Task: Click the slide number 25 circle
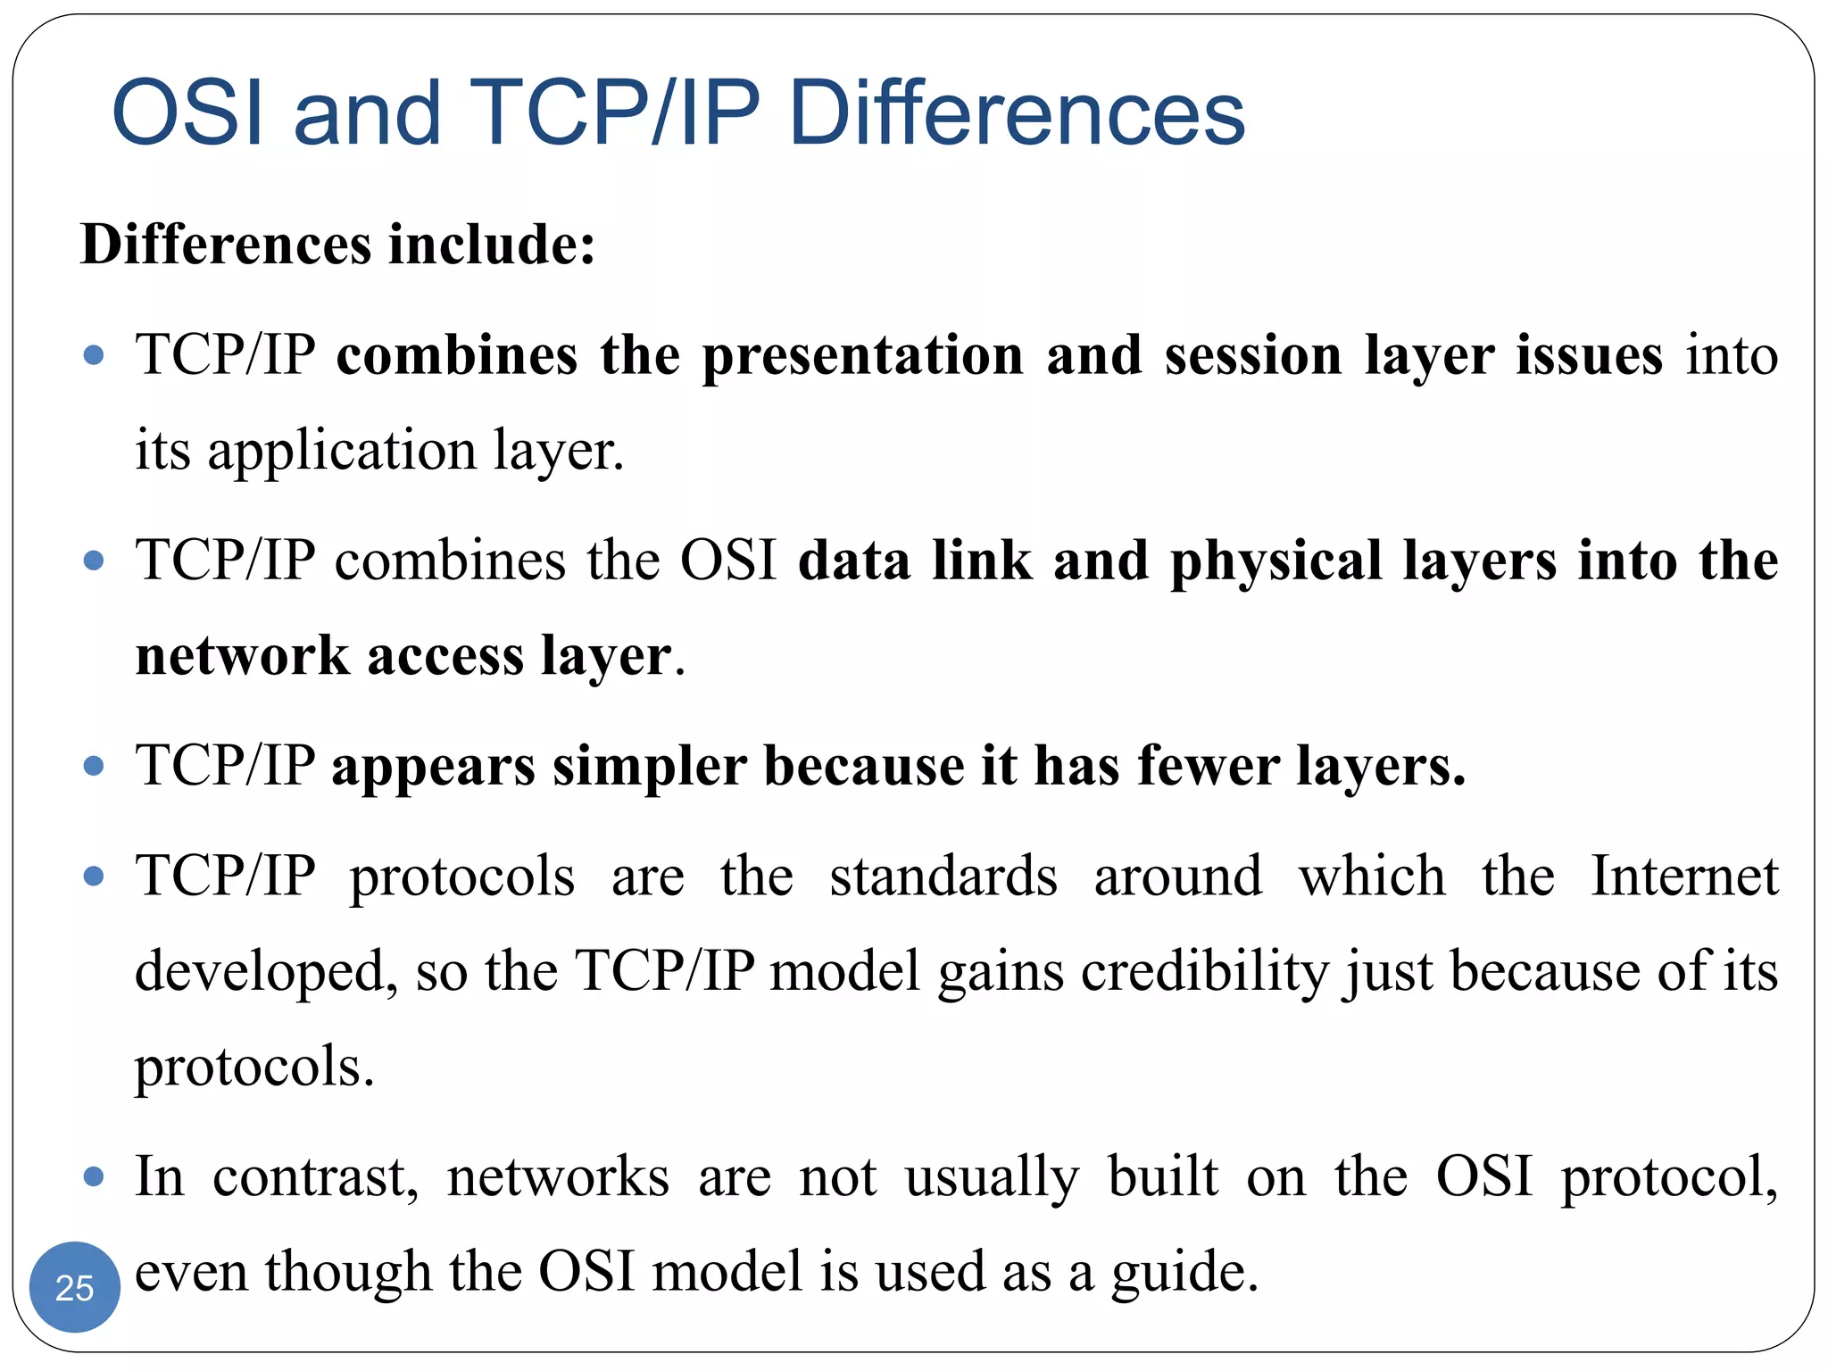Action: point(75,1287)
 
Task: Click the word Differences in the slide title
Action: point(1017,113)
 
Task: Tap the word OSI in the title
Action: point(188,113)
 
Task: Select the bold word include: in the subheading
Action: point(492,245)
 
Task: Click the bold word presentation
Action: point(862,355)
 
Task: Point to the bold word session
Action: point(1253,355)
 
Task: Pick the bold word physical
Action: point(1275,561)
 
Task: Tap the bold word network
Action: point(242,656)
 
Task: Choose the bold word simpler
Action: point(649,766)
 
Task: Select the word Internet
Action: point(1684,876)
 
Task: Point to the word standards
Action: point(943,876)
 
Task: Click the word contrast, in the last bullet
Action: point(315,1176)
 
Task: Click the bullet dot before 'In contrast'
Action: point(94,1176)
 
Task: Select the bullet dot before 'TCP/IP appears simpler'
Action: point(94,766)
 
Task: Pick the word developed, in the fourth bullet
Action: point(266,971)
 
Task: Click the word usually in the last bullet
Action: point(992,1176)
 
